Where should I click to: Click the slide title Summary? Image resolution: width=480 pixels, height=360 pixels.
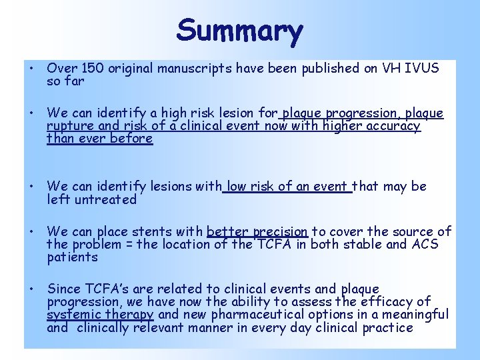point(240,31)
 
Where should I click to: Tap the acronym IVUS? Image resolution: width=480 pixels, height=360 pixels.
point(422,67)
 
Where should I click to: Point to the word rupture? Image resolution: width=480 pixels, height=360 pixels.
point(68,126)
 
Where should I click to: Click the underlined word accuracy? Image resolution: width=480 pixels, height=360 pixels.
point(393,126)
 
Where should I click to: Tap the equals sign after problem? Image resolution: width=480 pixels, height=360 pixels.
point(128,245)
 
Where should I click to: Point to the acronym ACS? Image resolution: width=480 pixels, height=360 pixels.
point(425,245)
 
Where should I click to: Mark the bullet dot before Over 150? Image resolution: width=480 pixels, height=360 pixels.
point(31,67)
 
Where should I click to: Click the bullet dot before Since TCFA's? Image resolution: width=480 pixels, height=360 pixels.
point(31,289)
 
